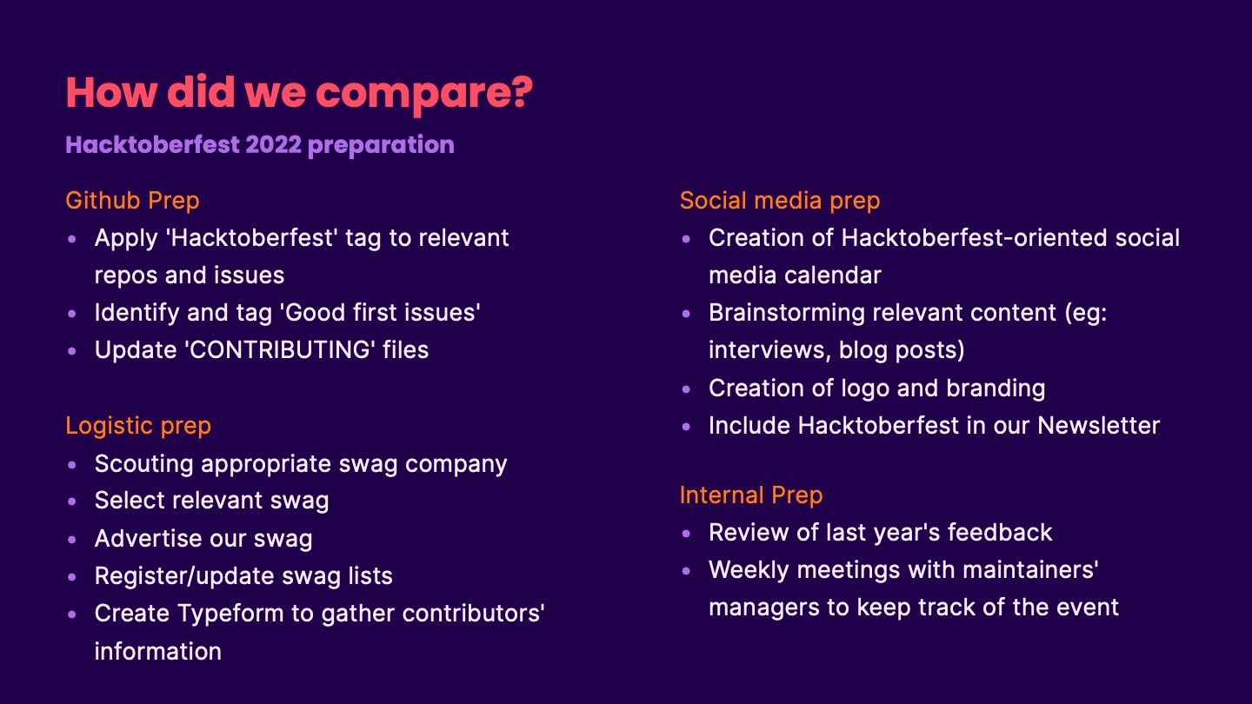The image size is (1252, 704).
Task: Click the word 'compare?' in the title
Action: coord(424,94)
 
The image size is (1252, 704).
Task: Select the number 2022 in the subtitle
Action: coord(274,144)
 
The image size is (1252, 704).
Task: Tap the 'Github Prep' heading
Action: coord(132,201)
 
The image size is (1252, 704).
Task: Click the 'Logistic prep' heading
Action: coord(138,426)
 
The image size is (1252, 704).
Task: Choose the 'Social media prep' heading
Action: coord(780,201)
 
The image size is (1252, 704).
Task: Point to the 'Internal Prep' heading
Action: coord(751,495)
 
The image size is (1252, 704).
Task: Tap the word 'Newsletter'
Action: coord(1098,426)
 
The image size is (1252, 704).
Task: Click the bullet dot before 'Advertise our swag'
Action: coord(71,540)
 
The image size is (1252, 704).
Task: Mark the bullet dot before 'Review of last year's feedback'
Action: coord(686,534)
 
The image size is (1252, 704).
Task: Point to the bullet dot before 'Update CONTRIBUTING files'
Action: coord(71,351)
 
